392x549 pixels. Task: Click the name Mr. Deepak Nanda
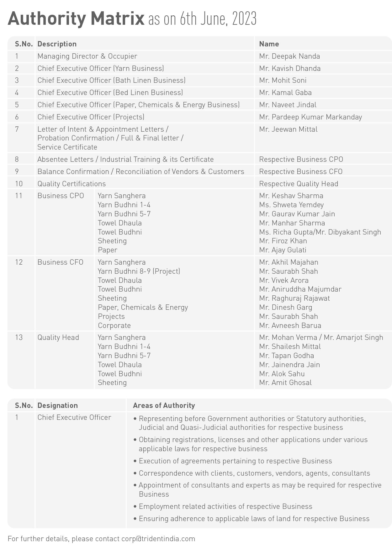pos(289,56)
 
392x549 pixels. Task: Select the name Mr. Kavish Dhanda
pos(289,69)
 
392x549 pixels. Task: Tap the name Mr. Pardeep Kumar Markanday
pos(310,117)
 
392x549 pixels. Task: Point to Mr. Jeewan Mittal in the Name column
pos(288,129)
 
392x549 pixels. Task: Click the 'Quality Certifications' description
pos(72,184)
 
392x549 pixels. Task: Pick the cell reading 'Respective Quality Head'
pos(298,184)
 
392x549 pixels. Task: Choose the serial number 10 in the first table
pos(19,184)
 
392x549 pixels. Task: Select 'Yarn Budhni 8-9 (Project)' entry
pos(139,271)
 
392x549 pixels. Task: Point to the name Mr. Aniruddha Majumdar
pos(300,289)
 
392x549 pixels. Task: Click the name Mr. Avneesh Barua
pos(290,325)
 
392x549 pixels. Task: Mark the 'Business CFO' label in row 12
pos(60,262)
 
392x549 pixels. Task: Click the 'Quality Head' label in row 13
pos(58,338)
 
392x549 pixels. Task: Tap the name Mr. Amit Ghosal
pos(285,383)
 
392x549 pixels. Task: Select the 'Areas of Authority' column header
pos(164,406)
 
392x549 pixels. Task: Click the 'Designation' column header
pos(57,406)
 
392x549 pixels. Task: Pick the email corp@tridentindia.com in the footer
pos(158,539)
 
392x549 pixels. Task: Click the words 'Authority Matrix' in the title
pos(76,19)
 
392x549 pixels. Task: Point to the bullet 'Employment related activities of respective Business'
pos(225,507)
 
